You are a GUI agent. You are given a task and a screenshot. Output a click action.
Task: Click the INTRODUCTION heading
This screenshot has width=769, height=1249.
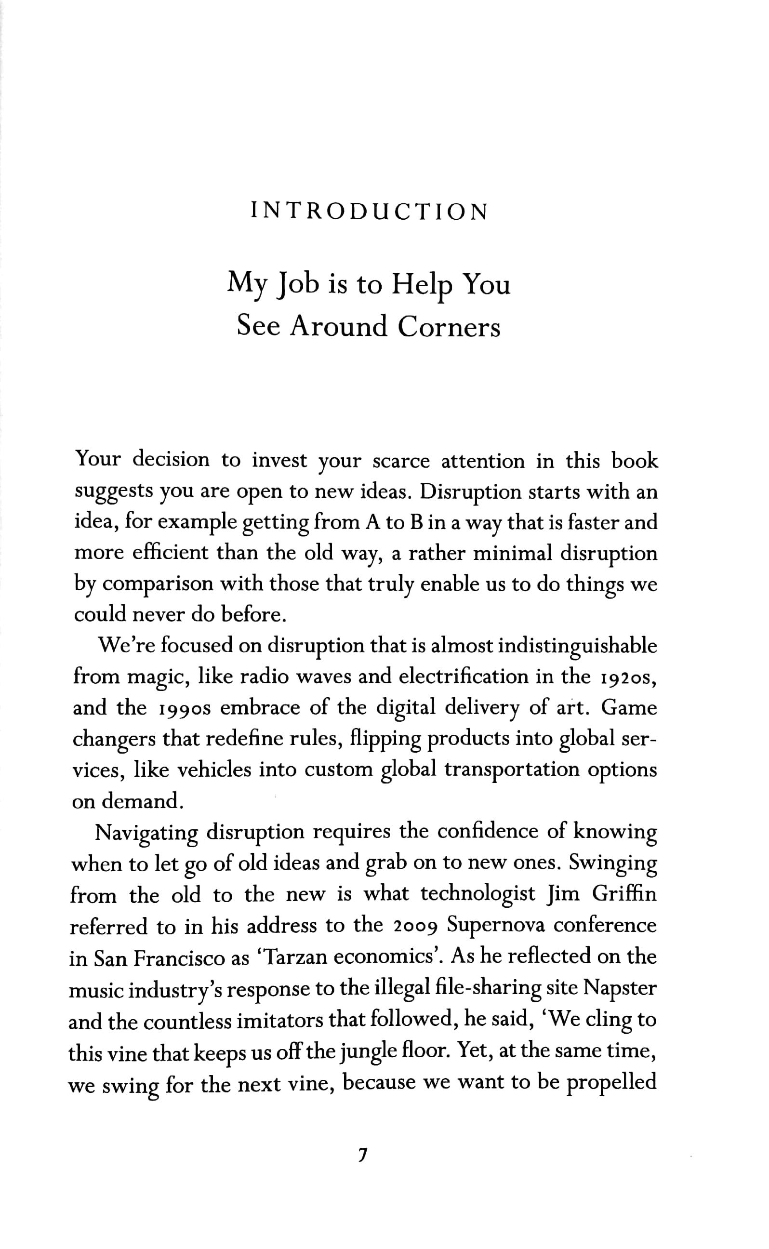pyautogui.click(x=370, y=212)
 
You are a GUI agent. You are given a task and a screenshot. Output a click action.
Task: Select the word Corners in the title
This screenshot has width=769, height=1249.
pyautogui.click(x=449, y=327)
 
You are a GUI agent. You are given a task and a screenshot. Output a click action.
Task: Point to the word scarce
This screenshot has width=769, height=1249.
pyautogui.click(x=401, y=461)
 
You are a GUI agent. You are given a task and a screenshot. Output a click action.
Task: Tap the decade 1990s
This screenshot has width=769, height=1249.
pyautogui.click(x=183, y=708)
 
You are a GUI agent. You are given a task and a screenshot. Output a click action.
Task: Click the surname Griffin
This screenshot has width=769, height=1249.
pyautogui.click(x=624, y=894)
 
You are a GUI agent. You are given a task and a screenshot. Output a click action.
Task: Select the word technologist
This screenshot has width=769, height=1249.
pyautogui.click(x=478, y=894)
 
